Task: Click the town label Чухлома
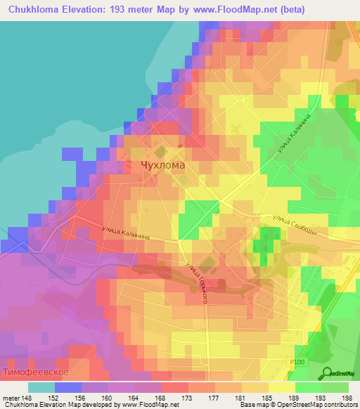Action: click(x=162, y=166)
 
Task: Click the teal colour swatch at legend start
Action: click(x=41, y=387)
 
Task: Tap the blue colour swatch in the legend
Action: click(x=68, y=387)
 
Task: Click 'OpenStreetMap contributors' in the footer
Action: click(x=321, y=404)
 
